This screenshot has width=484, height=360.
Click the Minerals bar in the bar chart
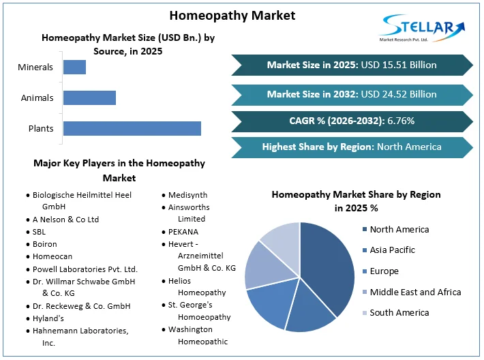(x=74, y=67)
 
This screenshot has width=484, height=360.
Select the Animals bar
(x=89, y=97)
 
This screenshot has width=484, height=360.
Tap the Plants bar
(x=132, y=128)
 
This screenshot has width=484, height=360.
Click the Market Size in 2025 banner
(x=352, y=65)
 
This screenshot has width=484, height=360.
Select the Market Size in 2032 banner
(x=352, y=94)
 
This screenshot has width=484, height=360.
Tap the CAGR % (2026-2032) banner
(x=352, y=121)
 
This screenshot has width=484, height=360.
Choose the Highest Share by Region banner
(x=352, y=147)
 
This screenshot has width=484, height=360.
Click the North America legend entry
(x=399, y=230)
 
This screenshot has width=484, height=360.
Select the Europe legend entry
(x=384, y=271)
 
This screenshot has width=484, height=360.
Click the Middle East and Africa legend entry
(x=415, y=292)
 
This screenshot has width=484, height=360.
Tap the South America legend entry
(x=399, y=312)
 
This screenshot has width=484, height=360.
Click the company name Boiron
(x=44, y=244)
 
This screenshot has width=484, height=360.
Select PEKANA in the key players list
(x=183, y=232)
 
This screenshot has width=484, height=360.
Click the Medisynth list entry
(x=187, y=195)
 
